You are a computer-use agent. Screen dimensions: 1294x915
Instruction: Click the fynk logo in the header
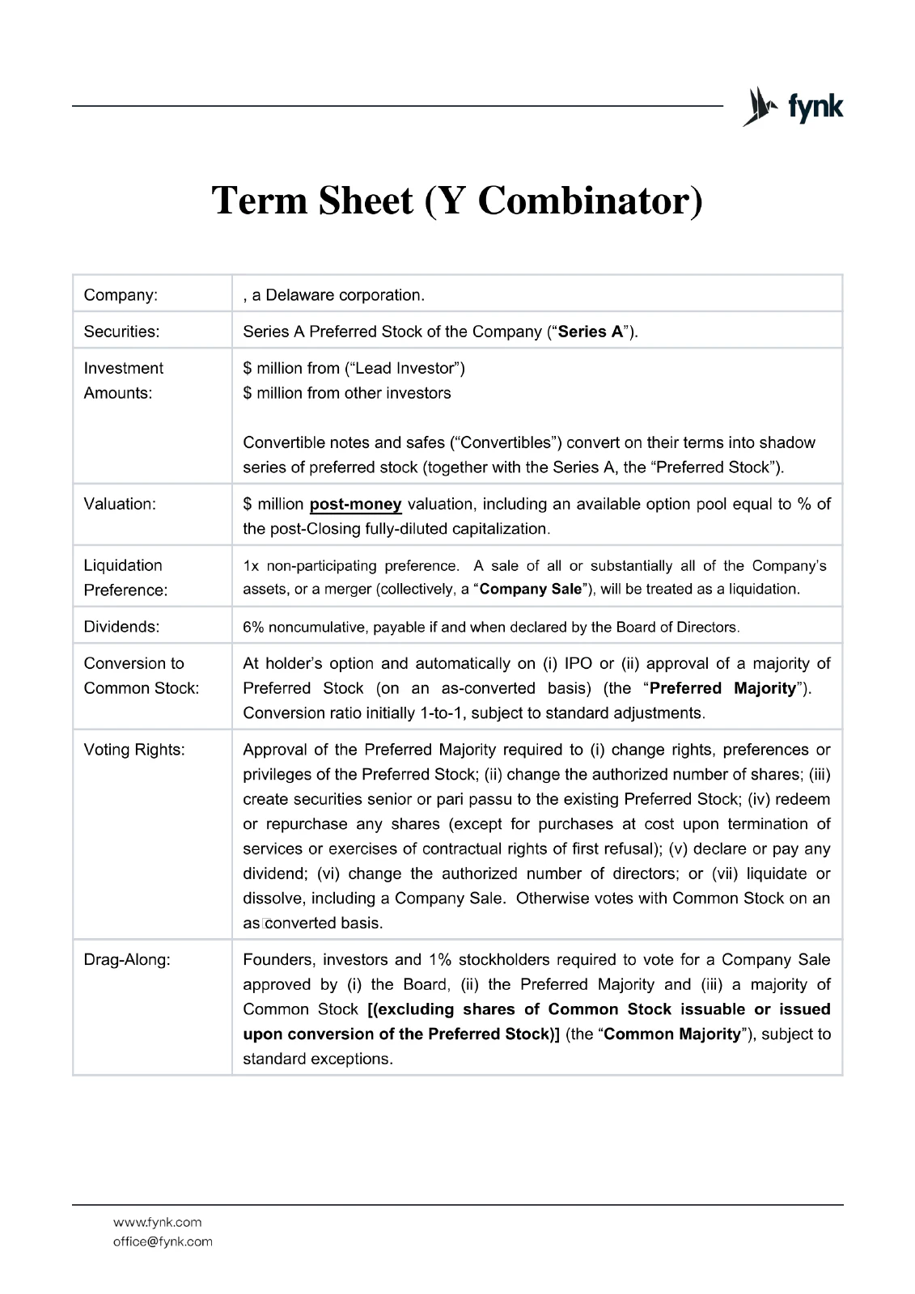[793, 107]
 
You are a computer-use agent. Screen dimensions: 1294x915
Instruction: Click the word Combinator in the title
[590, 201]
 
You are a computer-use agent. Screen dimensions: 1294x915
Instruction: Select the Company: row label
[121, 295]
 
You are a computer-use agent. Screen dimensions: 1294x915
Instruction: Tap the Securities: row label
[121, 332]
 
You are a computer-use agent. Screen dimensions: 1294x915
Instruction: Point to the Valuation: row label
[120, 504]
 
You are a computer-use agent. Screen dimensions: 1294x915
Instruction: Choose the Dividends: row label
[121, 627]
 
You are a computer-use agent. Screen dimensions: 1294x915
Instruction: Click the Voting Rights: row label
[134, 750]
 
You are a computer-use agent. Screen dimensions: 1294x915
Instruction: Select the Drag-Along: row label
[127, 960]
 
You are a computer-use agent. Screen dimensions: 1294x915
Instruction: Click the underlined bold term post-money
[355, 505]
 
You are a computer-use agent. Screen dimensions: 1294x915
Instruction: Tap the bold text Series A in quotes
[590, 332]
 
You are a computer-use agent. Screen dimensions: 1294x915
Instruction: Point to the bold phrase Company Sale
[530, 590]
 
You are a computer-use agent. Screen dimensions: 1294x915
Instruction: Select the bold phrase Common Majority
[671, 1034]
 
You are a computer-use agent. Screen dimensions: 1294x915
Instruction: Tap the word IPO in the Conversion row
[578, 664]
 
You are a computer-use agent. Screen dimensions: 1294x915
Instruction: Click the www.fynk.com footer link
[157, 1222]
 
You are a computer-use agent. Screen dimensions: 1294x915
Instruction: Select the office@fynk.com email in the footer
[163, 1241]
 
